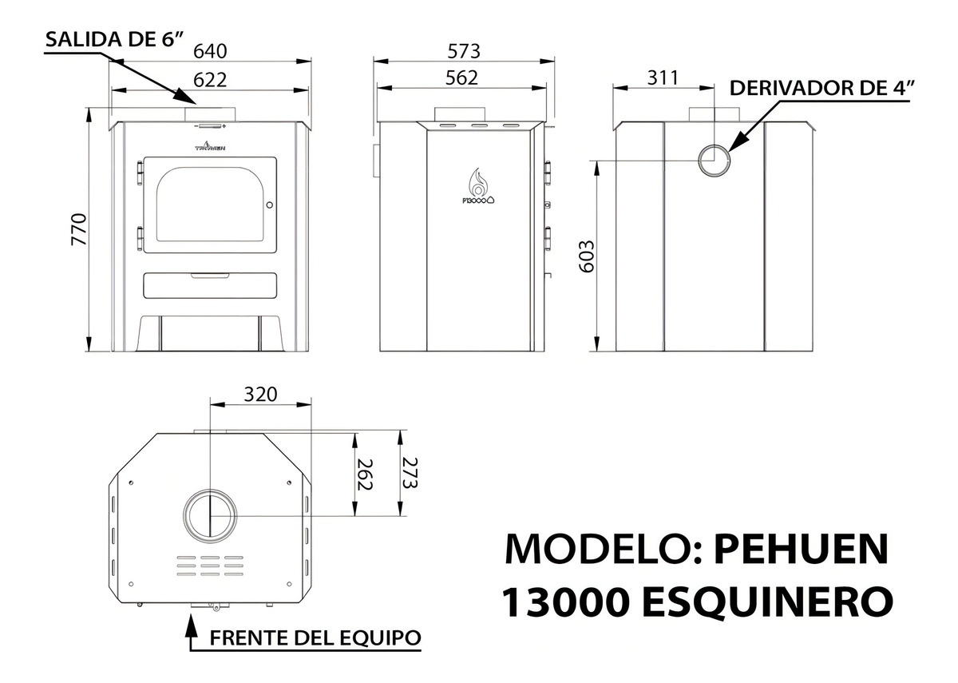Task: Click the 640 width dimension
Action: point(210,51)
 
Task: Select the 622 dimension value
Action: point(210,80)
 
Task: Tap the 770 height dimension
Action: point(79,229)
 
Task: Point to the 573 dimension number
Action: point(464,51)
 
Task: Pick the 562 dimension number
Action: point(462,78)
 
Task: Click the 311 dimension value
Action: point(663,78)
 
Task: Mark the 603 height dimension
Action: point(586,256)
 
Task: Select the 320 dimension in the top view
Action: point(260,394)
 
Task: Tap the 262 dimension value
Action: point(365,475)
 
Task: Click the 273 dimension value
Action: point(410,473)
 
